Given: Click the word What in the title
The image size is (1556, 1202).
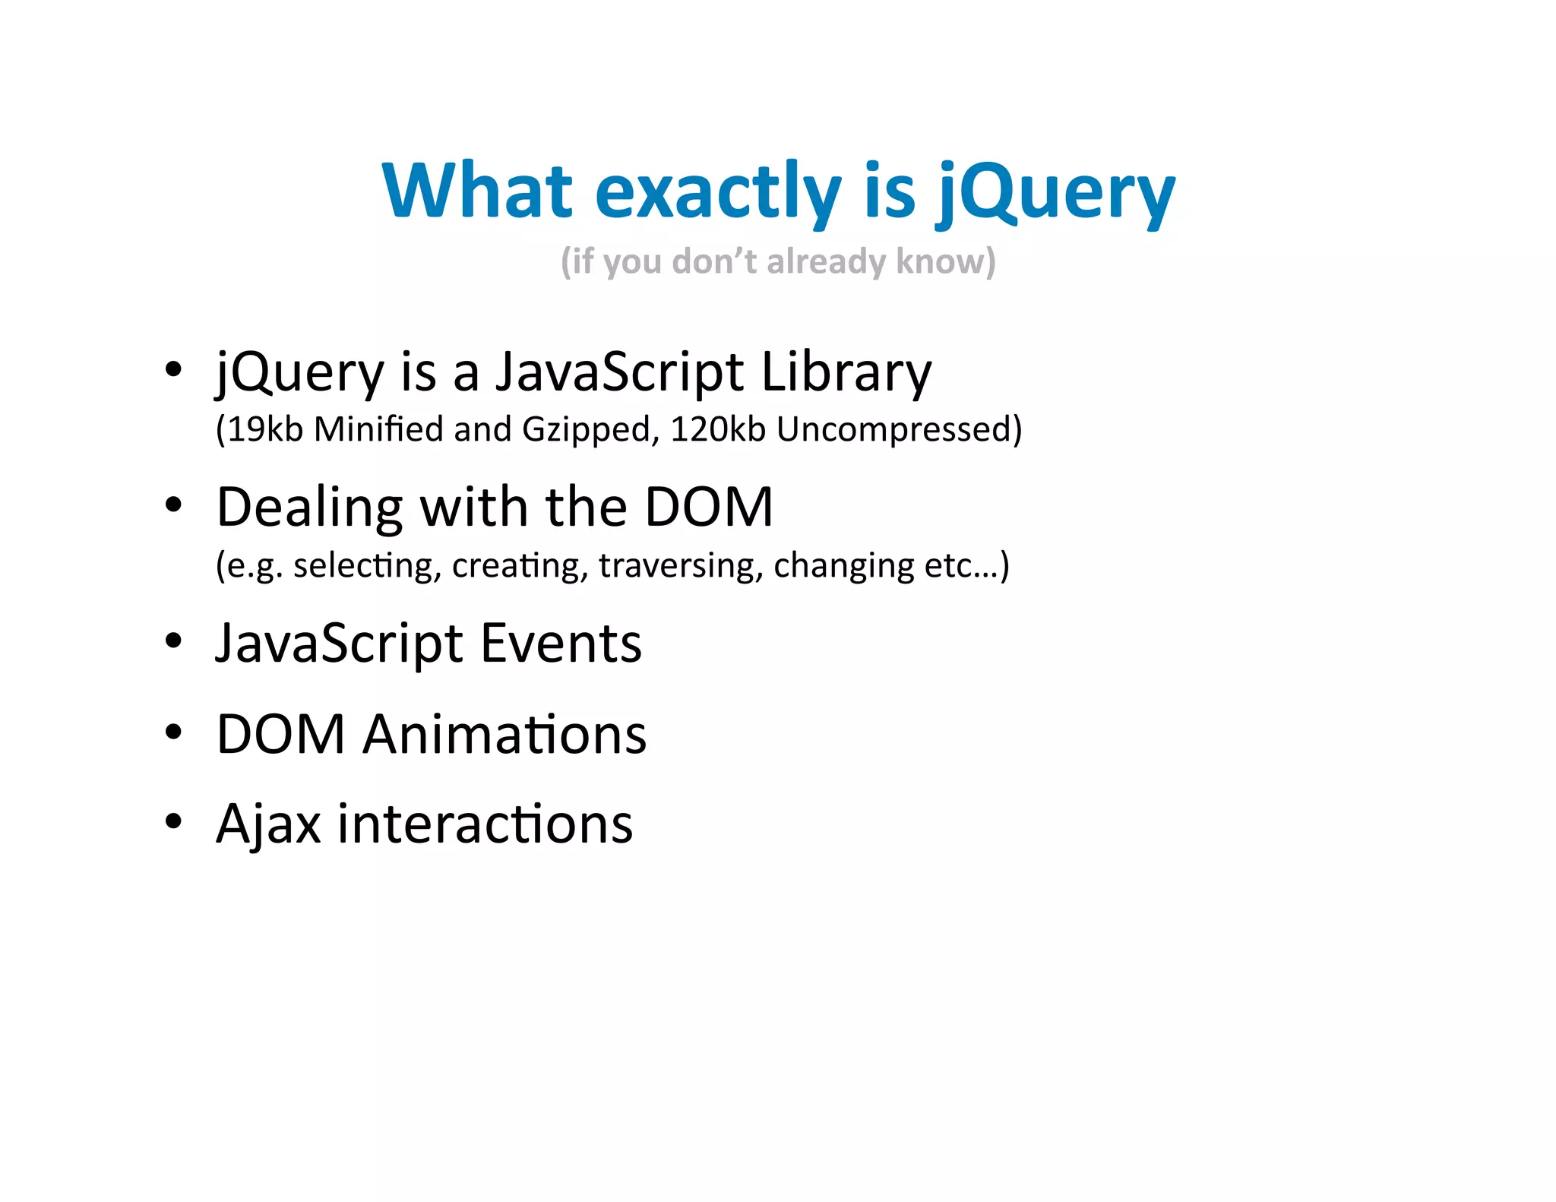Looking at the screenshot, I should (x=477, y=191).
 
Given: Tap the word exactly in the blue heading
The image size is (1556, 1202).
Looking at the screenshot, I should (x=718, y=191).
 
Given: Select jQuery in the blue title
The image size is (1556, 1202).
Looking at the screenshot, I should (x=1055, y=191).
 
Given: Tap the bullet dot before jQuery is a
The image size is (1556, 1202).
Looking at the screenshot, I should (x=174, y=369).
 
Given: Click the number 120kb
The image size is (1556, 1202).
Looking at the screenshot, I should (x=717, y=429).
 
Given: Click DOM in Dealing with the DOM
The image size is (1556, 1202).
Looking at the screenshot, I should (x=708, y=508).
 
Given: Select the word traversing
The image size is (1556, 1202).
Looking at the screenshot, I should (x=680, y=566).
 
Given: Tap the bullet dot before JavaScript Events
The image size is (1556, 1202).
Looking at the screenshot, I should (x=174, y=641).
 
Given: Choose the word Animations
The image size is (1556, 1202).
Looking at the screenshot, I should (x=504, y=735).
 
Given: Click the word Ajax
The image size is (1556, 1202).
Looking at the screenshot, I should (x=268, y=824).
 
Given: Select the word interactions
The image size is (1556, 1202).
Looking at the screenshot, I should (x=485, y=824).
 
